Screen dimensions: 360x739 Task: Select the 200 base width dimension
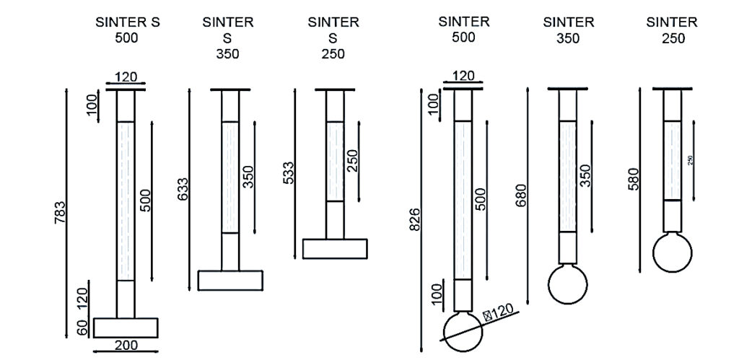(126, 346)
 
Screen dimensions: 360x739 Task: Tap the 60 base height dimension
(84, 327)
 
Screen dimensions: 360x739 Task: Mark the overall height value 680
(521, 196)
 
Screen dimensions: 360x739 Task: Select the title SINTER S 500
(128, 29)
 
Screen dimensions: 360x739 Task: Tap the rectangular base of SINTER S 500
(126, 327)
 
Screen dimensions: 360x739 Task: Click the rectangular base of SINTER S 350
(230, 280)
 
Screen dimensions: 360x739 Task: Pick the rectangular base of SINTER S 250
(335, 248)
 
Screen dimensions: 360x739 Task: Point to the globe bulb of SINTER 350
(568, 284)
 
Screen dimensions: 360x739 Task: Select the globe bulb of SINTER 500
(463, 330)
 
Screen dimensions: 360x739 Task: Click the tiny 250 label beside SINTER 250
(690, 160)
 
